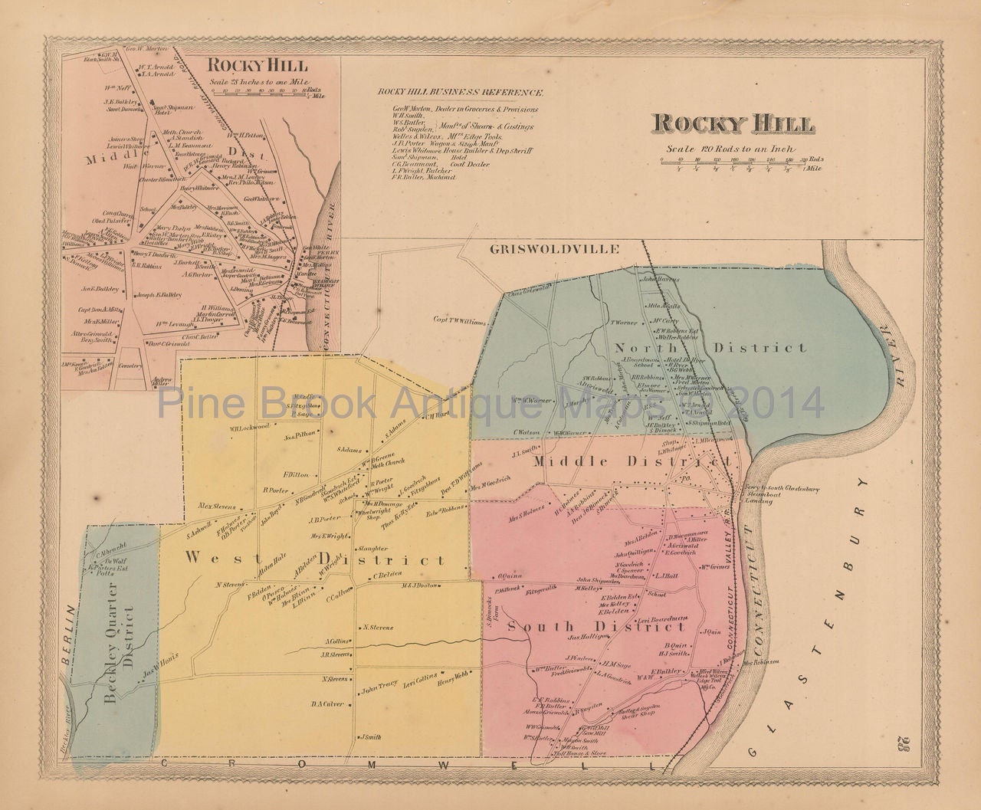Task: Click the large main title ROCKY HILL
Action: coord(733,124)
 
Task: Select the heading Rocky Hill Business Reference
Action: coord(461,92)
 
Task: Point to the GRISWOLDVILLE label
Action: coord(545,249)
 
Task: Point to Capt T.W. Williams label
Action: coord(462,320)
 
